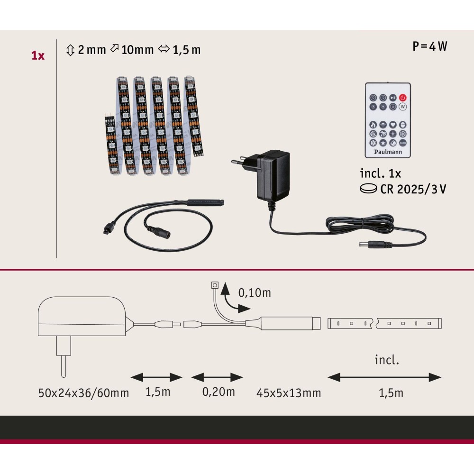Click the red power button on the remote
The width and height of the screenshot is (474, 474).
click(x=402, y=97)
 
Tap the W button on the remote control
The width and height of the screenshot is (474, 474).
click(x=402, y=107)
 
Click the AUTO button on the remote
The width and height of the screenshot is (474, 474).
click(x=402, y=143)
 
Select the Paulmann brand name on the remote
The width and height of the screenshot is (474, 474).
click(x=388, y=152)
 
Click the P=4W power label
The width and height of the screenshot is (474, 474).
click(x=429, y=46)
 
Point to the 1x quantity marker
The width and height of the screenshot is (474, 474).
click(x=38, y=55)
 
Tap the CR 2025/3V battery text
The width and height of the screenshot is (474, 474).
click(x=413, y=189)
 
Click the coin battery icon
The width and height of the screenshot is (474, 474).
click(x=368, y=189)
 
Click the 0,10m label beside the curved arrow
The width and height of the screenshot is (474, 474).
click(x=255, y=292)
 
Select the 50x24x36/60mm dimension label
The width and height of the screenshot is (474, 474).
click(x=83, y=393)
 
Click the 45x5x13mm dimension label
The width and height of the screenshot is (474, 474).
click(x=289, y=393)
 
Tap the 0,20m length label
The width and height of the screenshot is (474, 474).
click(x=218, y=392)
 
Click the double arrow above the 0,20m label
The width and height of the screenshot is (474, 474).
click(x=217, y=377)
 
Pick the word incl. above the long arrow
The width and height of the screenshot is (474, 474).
click(x=387, y=360)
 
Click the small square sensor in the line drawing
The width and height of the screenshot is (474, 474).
click(x=215, y=285)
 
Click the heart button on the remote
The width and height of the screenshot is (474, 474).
click(x=392, y=125)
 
